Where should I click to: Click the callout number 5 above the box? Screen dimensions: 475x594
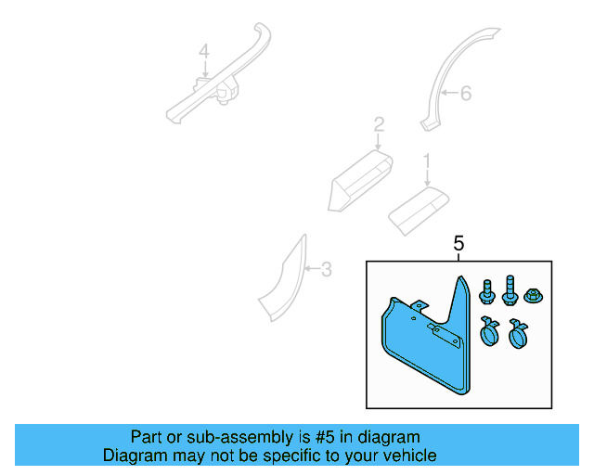coord(458,244)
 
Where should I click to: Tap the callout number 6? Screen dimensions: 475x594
coord(466,93)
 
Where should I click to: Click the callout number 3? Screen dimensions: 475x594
coord(325,270)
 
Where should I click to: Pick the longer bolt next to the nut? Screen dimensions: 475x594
coord(510,290)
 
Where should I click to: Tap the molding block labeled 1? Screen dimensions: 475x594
coord(417,209)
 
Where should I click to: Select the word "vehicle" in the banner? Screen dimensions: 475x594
coord(409,456)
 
